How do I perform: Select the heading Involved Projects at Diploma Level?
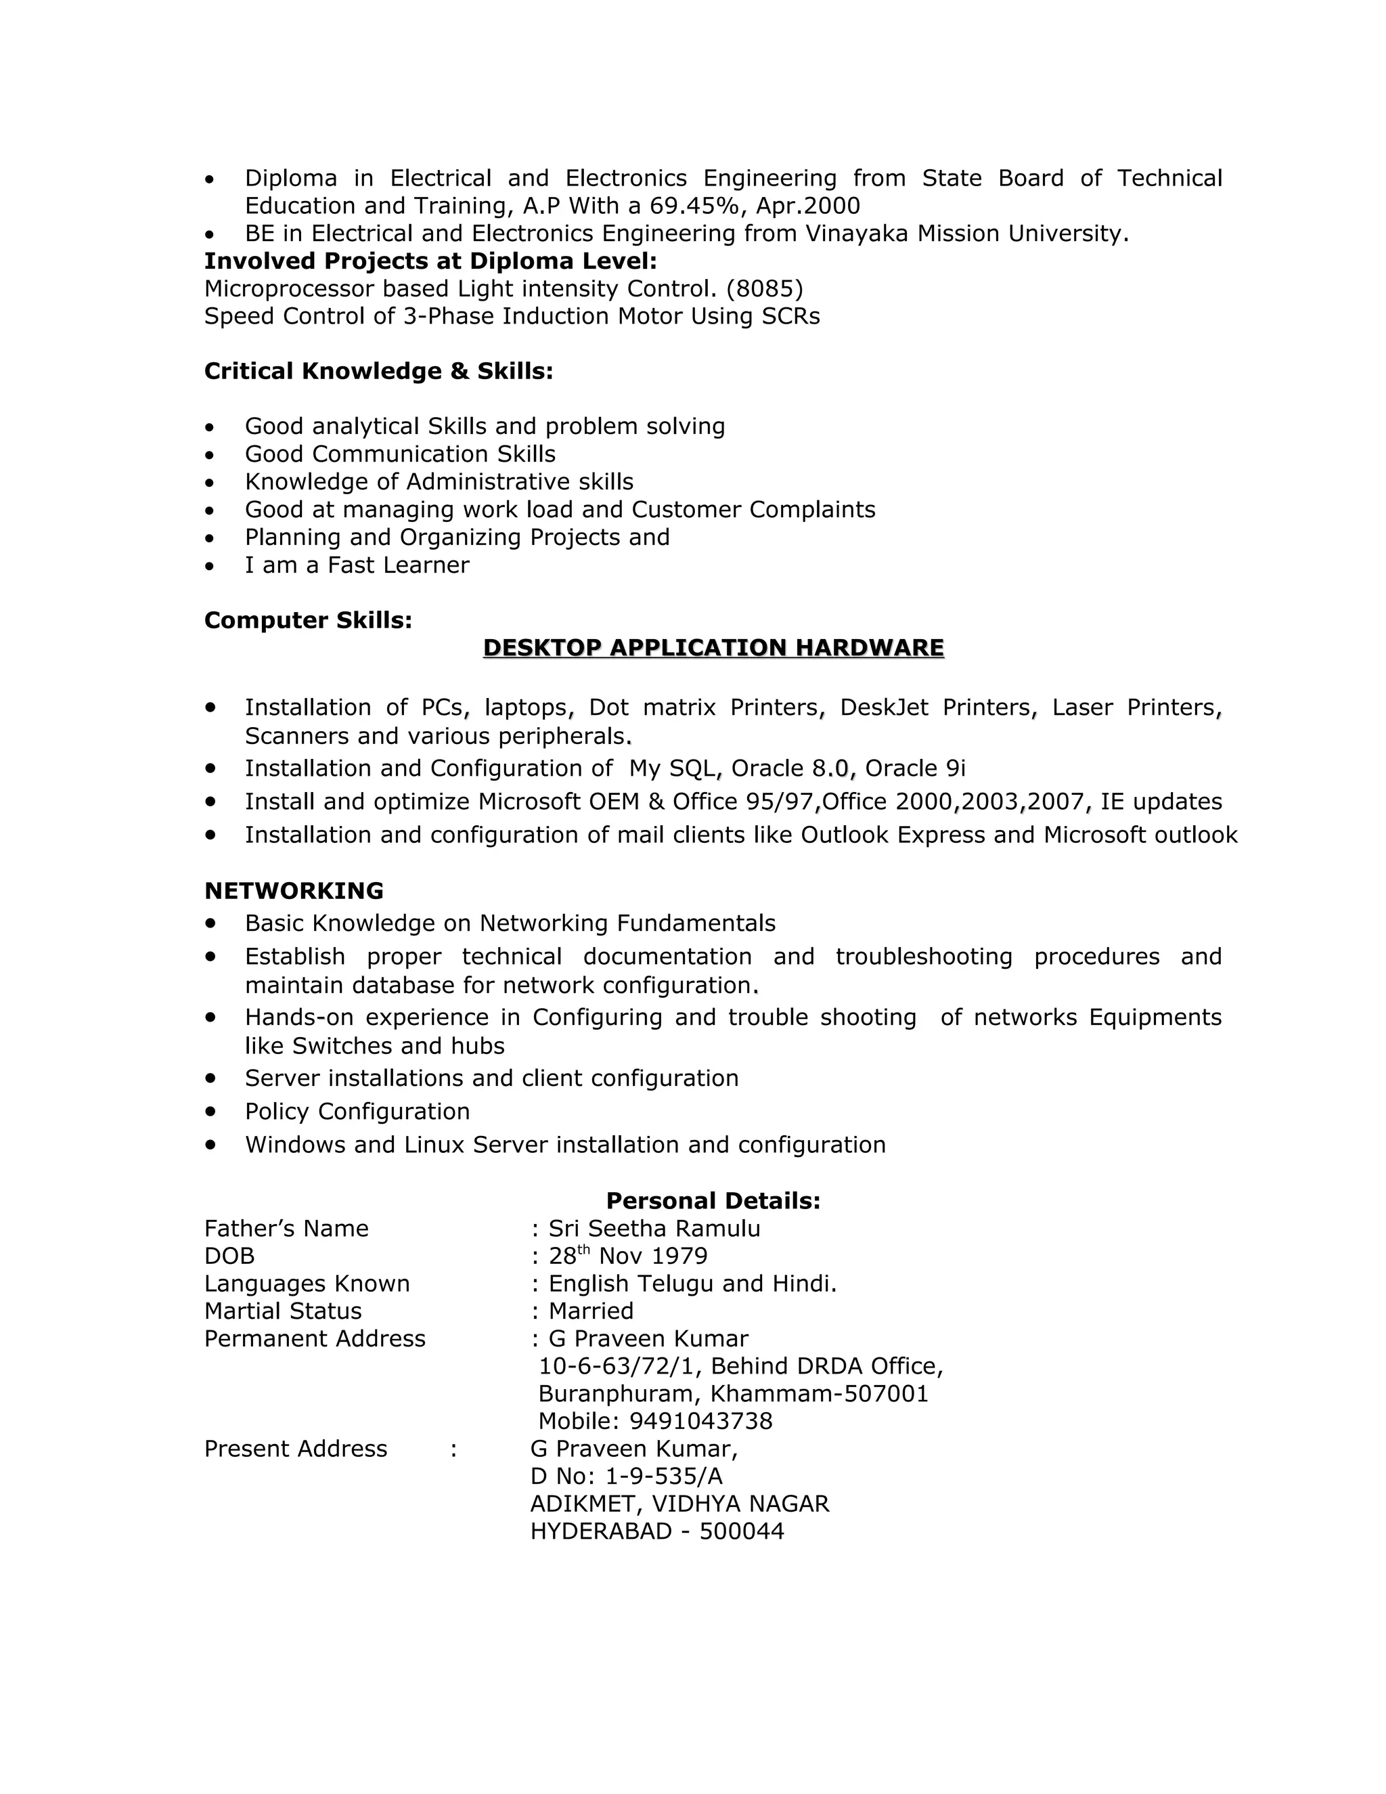click(430, 261)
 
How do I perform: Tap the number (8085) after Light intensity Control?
click(765, 289)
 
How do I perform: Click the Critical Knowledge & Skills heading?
click(378, 371)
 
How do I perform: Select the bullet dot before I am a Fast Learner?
click(210, 566)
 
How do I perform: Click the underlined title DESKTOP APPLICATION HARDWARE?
click(713, 648)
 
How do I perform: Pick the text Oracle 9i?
click(915, 769)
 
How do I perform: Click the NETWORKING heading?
click(293, 892)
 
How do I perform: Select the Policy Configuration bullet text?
click(357, 1112)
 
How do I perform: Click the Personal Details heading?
click(713, 1201)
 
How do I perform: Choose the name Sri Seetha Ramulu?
click(654, 1229)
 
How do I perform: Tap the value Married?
click(590, 1311)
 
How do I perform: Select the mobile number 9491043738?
click(700, 1421)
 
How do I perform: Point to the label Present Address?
click(296, 1449)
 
